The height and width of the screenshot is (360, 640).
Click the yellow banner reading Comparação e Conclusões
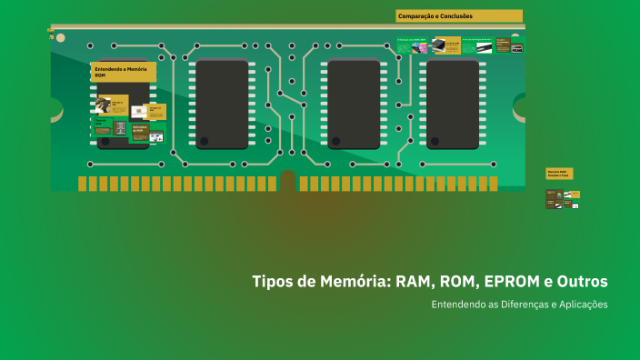pos(459,15)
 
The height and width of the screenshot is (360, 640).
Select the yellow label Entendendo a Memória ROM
pos(123,71)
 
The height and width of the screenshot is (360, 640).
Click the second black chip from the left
pos(222,104)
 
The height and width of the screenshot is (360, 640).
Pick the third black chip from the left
pos(354,104)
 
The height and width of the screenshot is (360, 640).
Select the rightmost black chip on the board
pos(453,104)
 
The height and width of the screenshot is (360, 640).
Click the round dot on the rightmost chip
pos(435,141)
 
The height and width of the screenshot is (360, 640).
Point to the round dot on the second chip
pos(205,141)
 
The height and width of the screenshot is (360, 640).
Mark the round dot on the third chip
pos(336,141)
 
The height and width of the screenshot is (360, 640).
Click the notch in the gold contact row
pos(288,182)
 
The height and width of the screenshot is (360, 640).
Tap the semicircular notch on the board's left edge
pos(55,109)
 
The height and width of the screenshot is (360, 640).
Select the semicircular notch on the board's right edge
pos(520,109)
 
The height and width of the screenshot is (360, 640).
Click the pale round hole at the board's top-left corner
pos(60,38)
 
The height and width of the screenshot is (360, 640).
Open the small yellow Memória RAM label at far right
pos(559,173)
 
